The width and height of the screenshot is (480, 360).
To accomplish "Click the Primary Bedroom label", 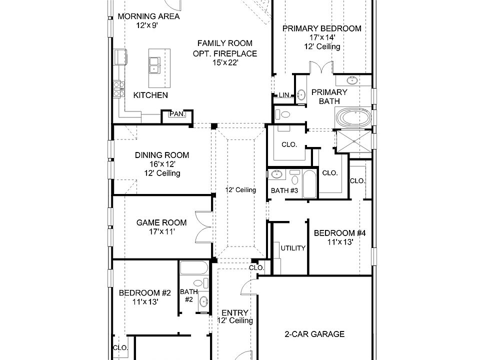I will coord(321,28).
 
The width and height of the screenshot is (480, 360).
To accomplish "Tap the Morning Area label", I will coord(141,16).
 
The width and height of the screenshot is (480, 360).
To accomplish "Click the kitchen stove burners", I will coord(119,89).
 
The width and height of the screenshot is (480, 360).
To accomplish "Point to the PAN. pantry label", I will coord(177,114).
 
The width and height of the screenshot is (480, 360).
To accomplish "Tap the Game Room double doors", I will coord(204,227).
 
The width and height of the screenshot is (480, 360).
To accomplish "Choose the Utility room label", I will coord(292,248).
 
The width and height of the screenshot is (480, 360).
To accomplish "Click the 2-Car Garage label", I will coord(314,334).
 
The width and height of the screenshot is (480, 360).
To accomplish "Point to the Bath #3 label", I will coord(284,190).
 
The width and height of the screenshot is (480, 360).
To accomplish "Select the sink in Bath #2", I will coord(203,301).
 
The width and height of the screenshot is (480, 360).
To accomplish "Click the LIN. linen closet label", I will coord(284,95).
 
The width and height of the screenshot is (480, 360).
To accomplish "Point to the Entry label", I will coord(234,313).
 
